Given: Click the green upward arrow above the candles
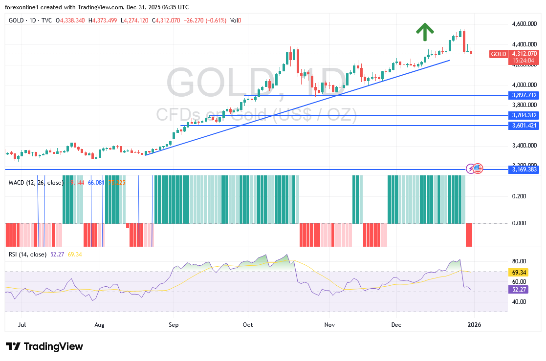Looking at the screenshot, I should [x=425, y=32].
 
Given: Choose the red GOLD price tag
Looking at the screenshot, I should [x=499, y=54].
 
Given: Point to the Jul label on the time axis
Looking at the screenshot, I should [x=22, y=324].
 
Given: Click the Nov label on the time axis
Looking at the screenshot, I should [x=329, y=324].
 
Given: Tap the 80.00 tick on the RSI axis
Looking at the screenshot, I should [x=519, y=261].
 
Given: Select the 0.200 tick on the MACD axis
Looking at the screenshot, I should [x=519, y=196].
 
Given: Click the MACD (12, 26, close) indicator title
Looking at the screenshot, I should [x=36, y=183].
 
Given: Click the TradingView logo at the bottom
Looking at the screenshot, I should [x=44, y=346].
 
